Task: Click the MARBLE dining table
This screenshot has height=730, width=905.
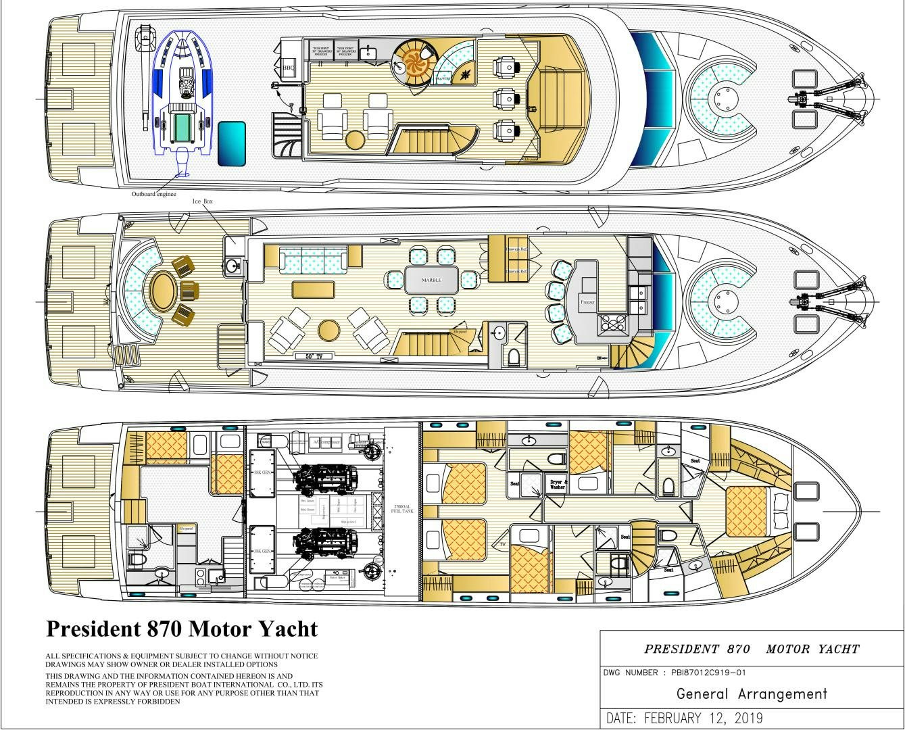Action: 431,280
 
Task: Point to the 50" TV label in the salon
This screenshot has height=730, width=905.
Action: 308,354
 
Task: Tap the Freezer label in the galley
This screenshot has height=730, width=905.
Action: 587,302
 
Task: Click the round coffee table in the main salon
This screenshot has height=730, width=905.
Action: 328,331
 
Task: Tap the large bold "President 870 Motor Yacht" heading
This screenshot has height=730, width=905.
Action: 182,629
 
